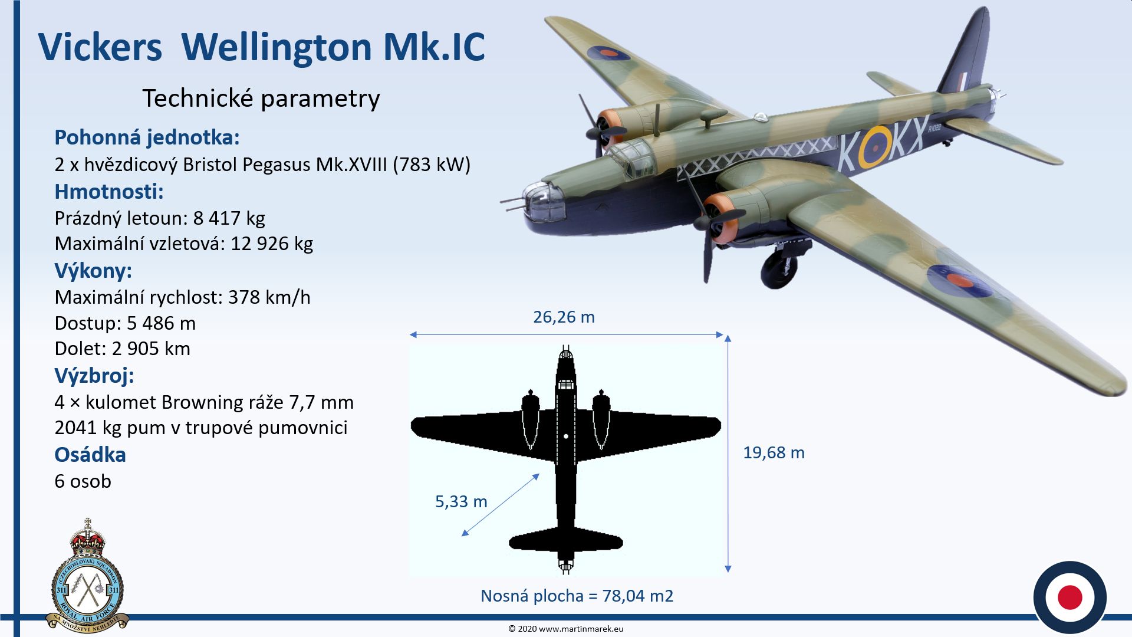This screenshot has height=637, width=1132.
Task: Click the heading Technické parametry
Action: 261,98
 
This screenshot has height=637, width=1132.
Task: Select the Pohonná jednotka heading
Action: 147,137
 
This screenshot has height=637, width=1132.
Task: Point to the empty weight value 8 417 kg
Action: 229,218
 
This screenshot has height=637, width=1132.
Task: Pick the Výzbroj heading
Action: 94,376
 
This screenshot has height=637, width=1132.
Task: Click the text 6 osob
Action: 83,481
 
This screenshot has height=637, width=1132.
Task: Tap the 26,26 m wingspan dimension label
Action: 564,317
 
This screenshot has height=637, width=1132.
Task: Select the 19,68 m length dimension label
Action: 774,453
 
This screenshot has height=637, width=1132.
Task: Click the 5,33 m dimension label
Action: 461,502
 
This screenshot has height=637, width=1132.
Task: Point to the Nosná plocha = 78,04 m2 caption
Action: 577,596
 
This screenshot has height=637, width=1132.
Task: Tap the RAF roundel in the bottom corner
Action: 1070,597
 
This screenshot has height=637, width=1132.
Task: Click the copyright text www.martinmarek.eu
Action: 581,629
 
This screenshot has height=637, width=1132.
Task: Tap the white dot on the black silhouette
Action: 566,436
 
